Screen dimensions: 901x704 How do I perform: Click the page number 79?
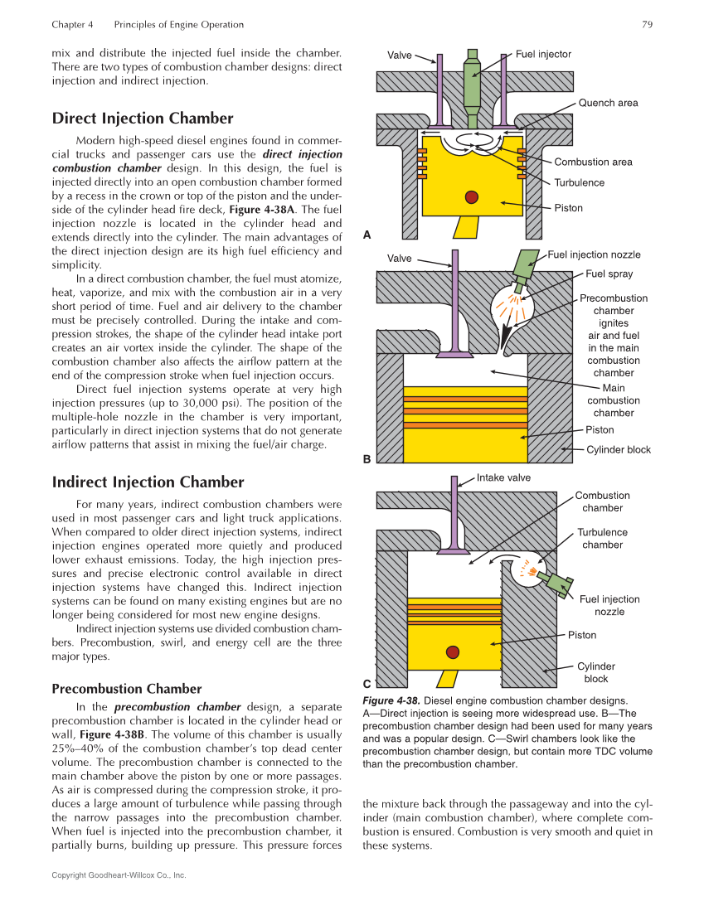point(647,25)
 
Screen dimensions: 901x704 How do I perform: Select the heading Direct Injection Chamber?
point(142,118)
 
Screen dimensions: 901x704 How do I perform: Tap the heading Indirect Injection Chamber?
point(148,482)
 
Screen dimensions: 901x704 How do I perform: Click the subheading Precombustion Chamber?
point(126,689)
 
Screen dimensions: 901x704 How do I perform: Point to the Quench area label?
point(608,103)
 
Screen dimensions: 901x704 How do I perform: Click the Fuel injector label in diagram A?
point(543,54)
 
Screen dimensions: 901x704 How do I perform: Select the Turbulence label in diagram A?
point(579,182)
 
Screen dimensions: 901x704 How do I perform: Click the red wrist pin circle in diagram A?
point(472,196)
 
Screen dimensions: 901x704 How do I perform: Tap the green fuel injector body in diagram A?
point(472,83)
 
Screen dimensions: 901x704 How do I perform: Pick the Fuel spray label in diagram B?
point(609,274)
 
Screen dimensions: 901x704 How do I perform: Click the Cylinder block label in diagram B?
point(618,450)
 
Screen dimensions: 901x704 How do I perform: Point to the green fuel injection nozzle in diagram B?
point(527,264)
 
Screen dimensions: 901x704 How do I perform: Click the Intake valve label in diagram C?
point(503,477)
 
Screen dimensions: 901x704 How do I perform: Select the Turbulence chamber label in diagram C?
point(602,539)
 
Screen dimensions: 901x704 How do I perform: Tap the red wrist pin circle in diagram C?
point(453,652)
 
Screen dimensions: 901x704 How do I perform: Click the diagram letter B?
point(367,458)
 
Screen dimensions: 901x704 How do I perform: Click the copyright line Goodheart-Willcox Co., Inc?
point(119,875)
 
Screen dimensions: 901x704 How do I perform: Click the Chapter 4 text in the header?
point(72,25)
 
